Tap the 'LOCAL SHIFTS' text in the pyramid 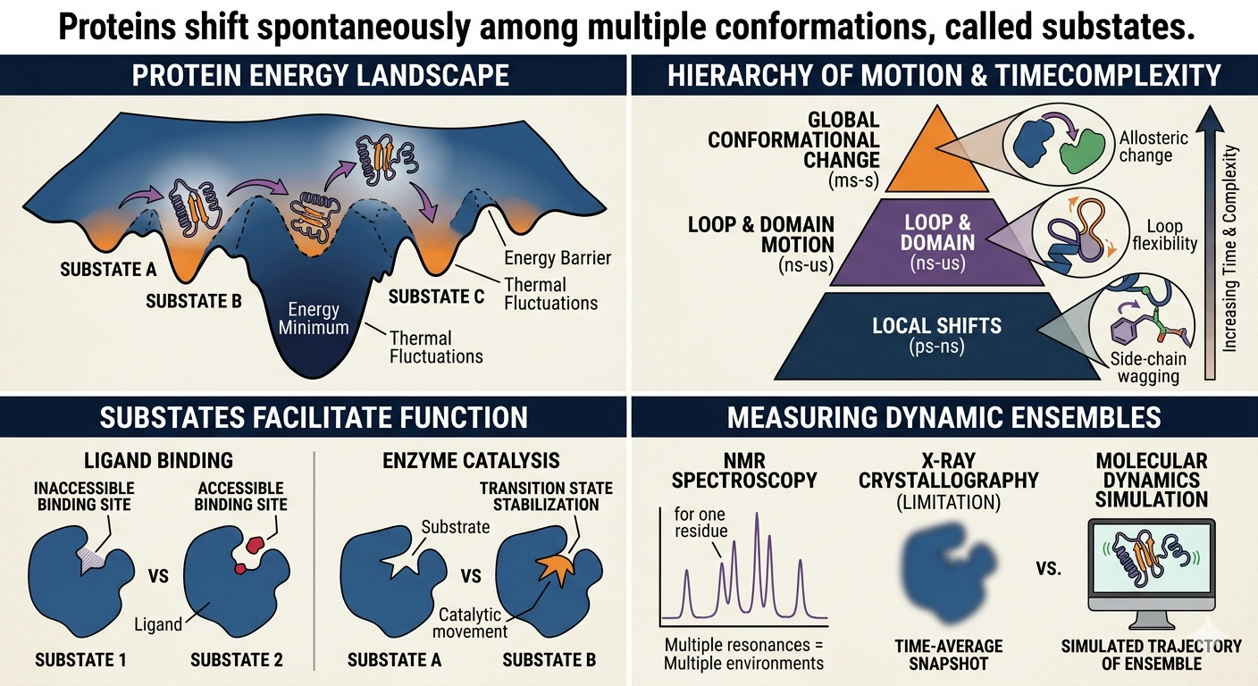(x=936, y=326)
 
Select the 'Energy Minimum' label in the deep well (x=314, y=318)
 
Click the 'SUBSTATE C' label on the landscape (x=436, y=297)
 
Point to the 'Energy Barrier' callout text (x=558, y=257)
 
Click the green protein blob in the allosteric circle (x=1081, y=150)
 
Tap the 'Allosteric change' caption (x=1153, y=146)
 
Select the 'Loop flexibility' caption (x=1165, y=235)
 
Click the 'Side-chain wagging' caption (x=1148, y=368)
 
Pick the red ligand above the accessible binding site (x=256, y=543)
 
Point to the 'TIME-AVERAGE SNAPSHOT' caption (x=949, y=655)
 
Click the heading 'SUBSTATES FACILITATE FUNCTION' (x=314, y=418)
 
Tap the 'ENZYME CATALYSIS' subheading (x=471, y=460)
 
